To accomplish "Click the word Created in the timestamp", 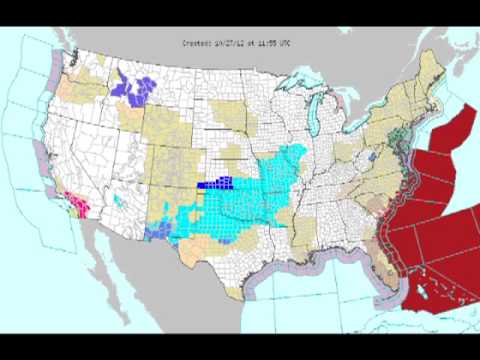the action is [196, 42].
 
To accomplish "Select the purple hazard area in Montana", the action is [135, 86].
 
